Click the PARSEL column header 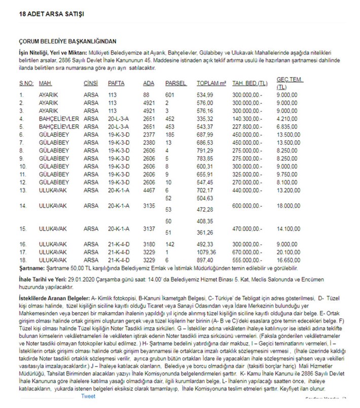point(176,83)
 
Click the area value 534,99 point(205,94)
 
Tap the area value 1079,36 point(206,252)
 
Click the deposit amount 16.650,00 point(290,259)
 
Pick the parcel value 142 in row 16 point(169,244)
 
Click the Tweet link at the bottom point(88,396)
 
